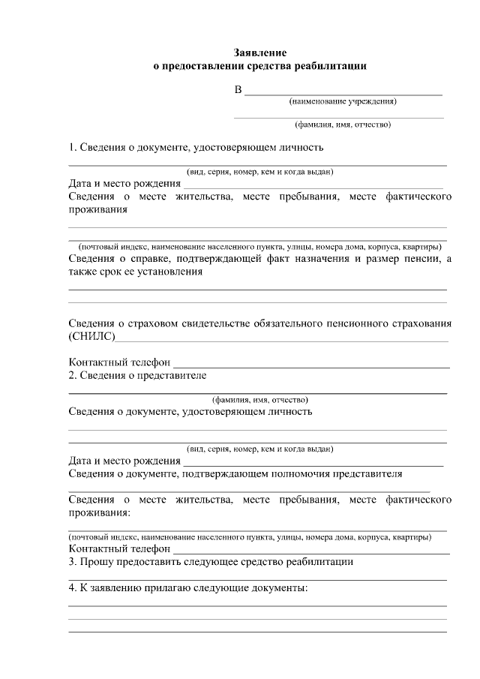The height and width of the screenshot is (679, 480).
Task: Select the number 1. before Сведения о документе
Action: coord(73,148)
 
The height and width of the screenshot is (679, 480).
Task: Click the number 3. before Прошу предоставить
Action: coord(73,561)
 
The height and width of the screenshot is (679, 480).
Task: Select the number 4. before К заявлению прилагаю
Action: coord(73,588)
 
